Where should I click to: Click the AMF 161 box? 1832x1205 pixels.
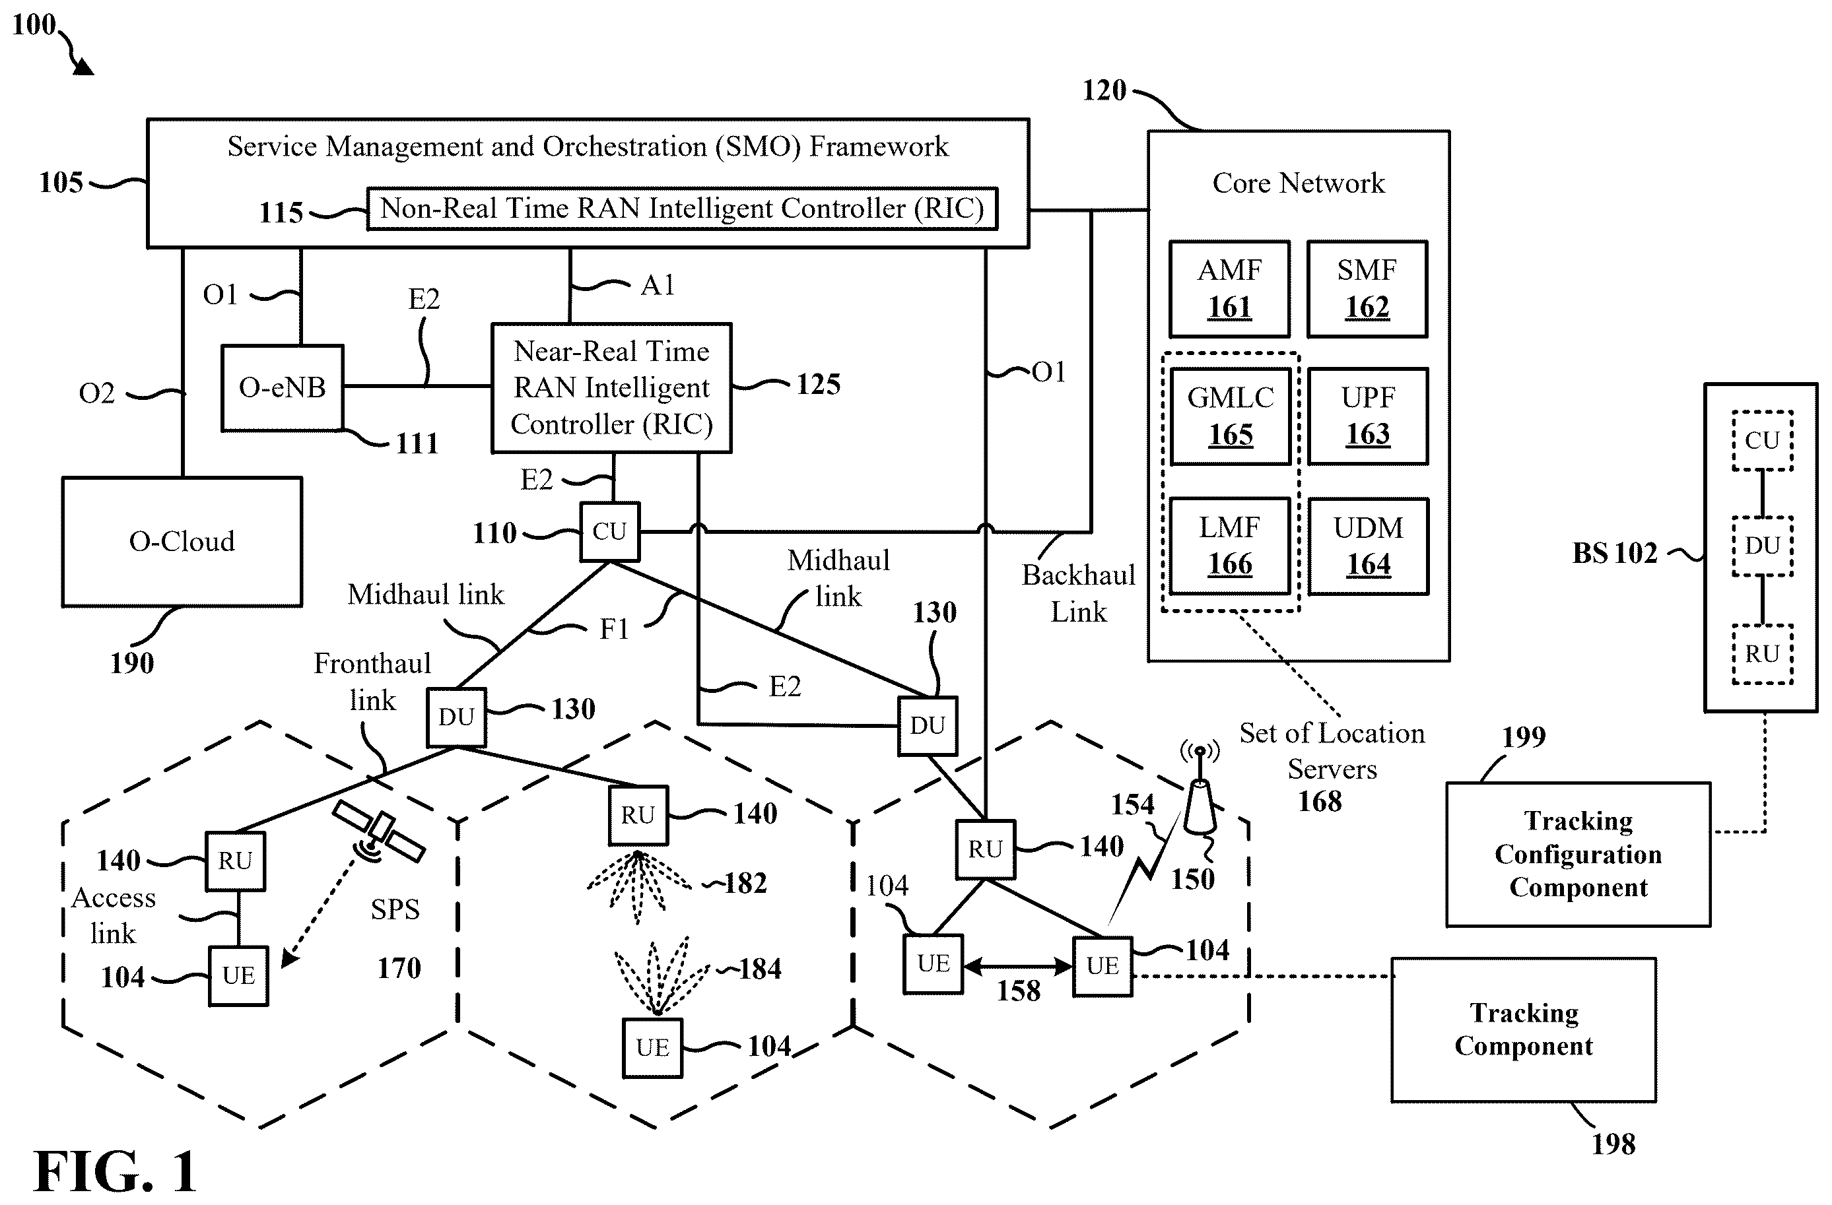(x=1229, y=288)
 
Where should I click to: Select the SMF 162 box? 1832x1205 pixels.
(x=1367, y=288)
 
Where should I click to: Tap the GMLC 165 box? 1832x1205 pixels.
(x=1230, y=416)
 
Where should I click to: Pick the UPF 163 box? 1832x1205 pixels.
(x=1368, y=416)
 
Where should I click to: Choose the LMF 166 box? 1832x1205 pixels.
(x=1229, y=546)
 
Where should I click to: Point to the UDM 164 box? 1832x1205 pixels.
(x=1368, y=546)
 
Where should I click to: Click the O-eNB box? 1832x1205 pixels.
(x=283, y=387)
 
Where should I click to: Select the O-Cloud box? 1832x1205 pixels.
(x=182, y=542)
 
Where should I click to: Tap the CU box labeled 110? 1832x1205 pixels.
(x=609, y=531)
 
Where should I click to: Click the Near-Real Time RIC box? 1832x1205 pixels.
(x=611, y=387)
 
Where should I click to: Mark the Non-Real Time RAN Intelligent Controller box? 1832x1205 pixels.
(x=682, y=209)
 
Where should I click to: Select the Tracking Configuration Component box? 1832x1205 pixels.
(x=1578, y=854)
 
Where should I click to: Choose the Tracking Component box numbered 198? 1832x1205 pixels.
(x=1523, y=1029)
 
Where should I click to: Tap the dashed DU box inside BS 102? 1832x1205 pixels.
(x=1762, y=546)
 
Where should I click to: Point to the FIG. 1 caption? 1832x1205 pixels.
(x=116, y=1171)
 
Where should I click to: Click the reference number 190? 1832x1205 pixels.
(x=131, y=663)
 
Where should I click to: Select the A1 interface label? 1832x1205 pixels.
(x=658, y=286)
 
